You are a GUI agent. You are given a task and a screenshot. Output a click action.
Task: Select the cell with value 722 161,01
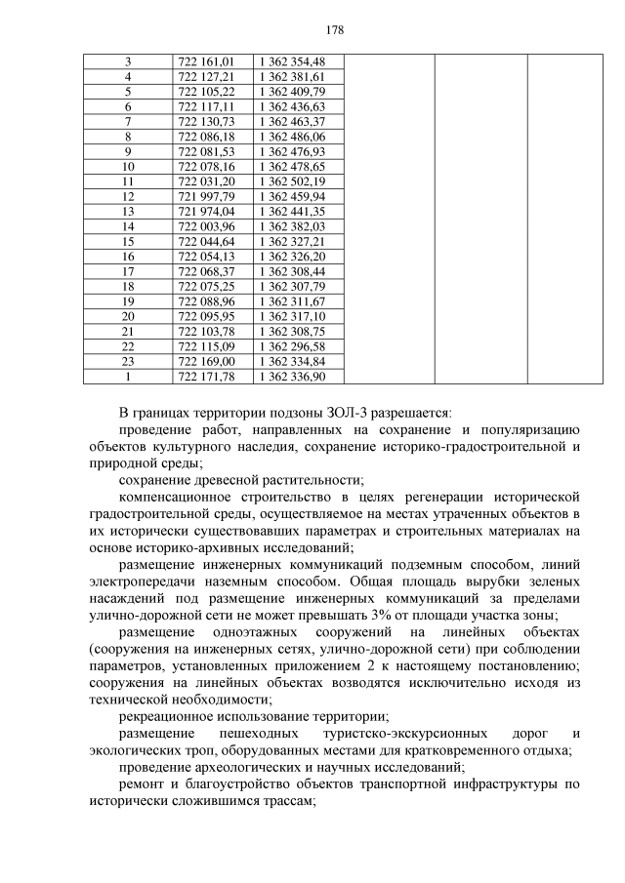[207, 61]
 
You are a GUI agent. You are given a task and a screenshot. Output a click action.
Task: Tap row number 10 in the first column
[128, 167]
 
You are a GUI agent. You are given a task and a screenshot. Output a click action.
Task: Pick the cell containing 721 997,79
[207, 196]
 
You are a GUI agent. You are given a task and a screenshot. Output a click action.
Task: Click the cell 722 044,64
[207, 241]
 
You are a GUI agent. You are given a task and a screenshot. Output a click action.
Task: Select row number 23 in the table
[128, 361]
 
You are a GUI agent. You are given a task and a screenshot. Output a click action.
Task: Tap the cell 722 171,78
[207, 376]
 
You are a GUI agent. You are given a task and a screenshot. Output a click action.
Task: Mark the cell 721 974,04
[207, 211]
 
